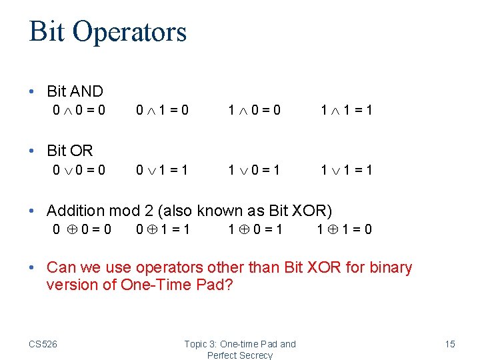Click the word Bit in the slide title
coord(46,31)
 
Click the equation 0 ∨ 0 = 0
coord(79,170)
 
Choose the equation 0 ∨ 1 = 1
coord(162,170)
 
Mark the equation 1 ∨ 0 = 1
coord(254,170)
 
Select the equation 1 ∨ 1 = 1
coord(346,170)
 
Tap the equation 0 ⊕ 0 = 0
coord(82,230)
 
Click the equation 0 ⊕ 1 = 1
coord(163,230)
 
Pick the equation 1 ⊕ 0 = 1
coord(255,230)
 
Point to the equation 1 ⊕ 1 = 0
coord(345,230)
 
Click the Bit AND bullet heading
coord(75,91)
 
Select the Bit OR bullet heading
coord(69,151)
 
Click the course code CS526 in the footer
coord(43,344)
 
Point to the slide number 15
coord(450,344)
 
